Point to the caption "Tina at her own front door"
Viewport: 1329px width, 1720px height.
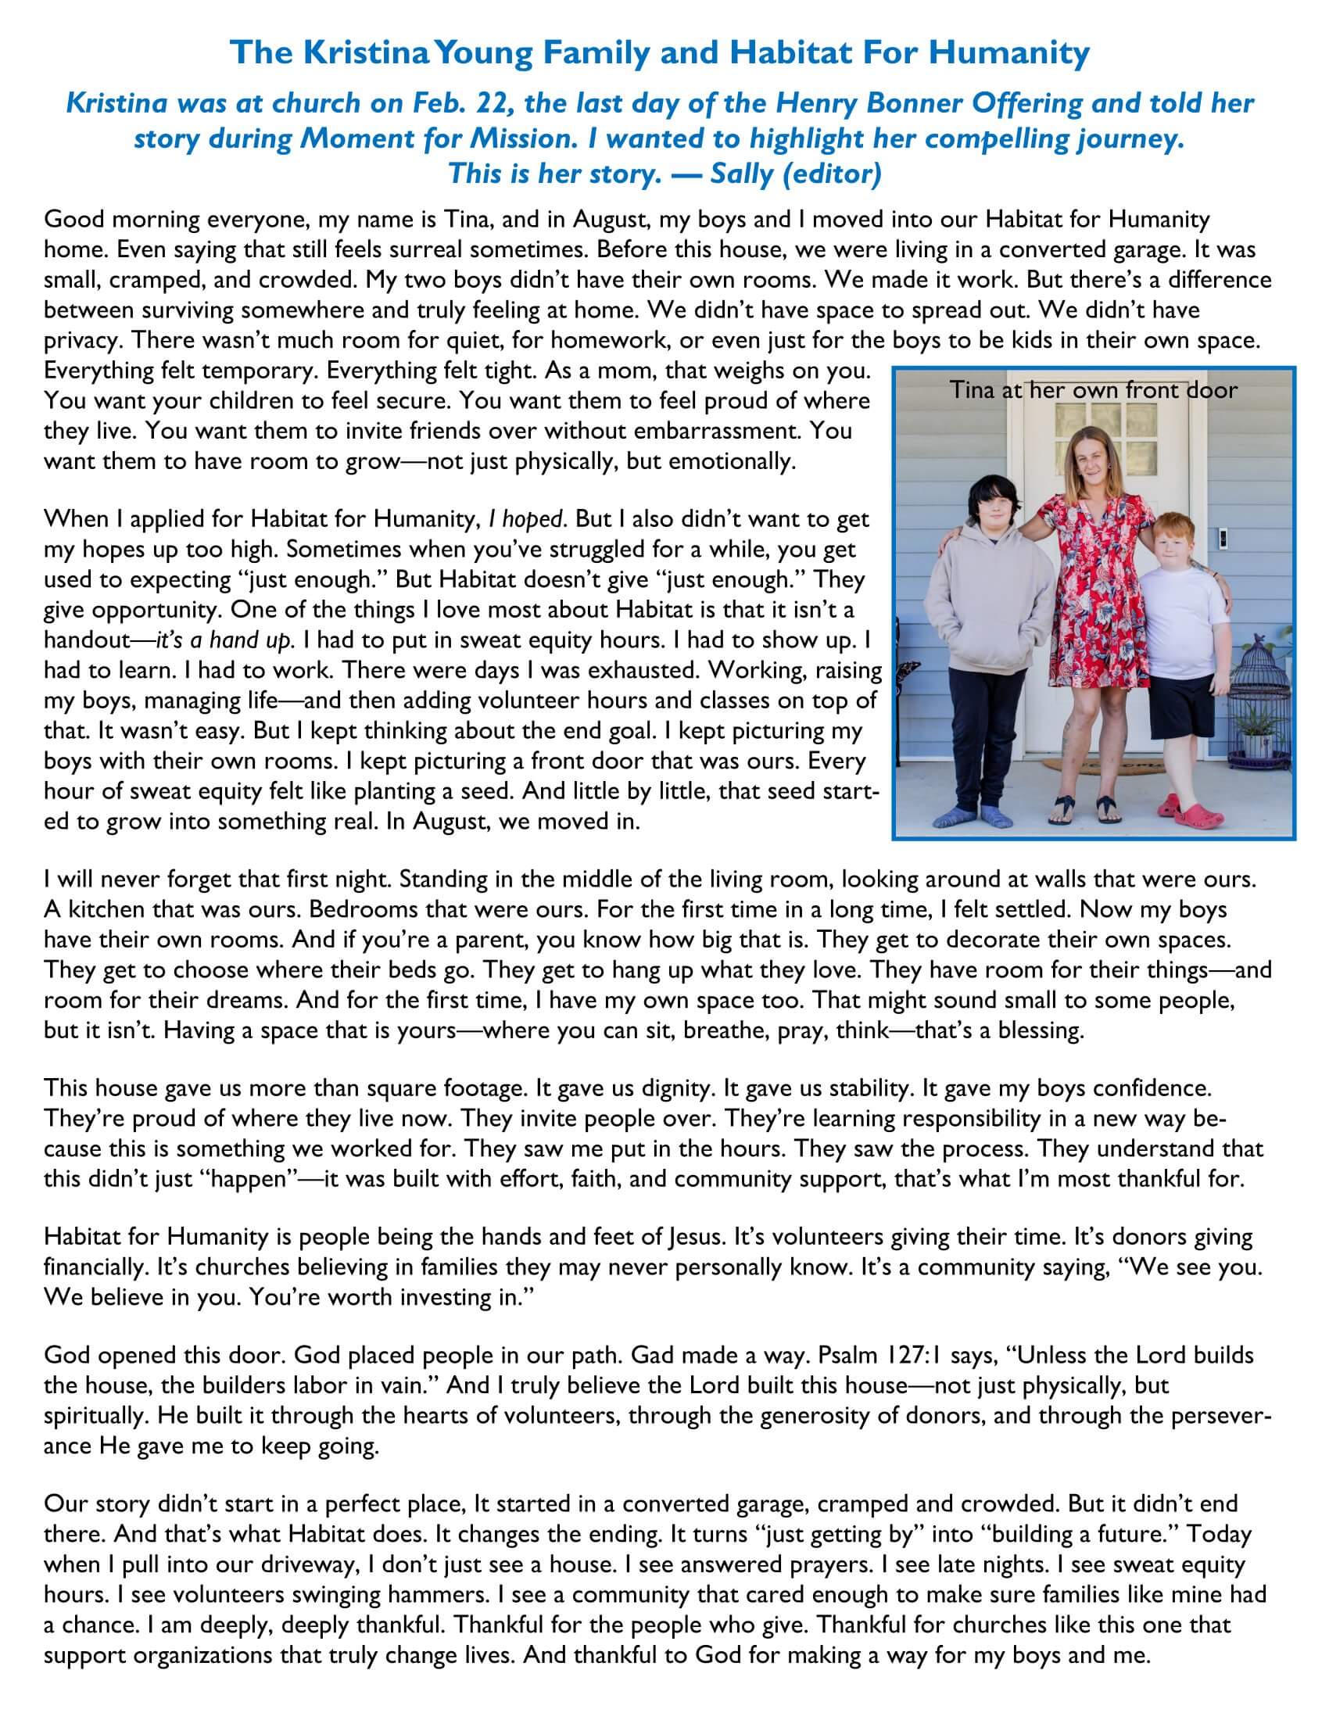click(1093, 389)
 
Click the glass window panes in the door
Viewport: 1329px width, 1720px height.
click(1091, 429)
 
